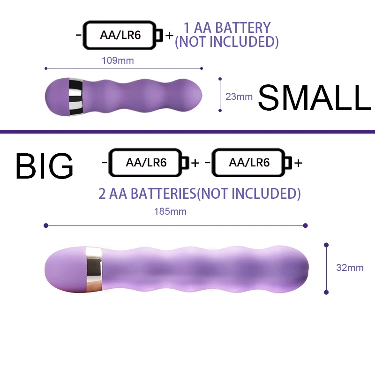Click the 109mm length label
pos(118,60)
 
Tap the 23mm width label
pos(239,97)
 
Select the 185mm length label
pos(170,211)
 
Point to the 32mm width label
pos(350,268)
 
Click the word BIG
pos(45,165)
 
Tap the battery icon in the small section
pos(123,35)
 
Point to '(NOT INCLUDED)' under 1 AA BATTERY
pos(227,42)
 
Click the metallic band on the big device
pos(93,267)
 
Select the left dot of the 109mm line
pos(46,68)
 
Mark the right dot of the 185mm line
pos(306,225)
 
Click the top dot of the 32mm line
pos(326,245)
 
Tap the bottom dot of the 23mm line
pos(220,110)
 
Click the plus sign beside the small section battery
pos(169,35)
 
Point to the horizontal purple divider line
pos(187,131)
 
